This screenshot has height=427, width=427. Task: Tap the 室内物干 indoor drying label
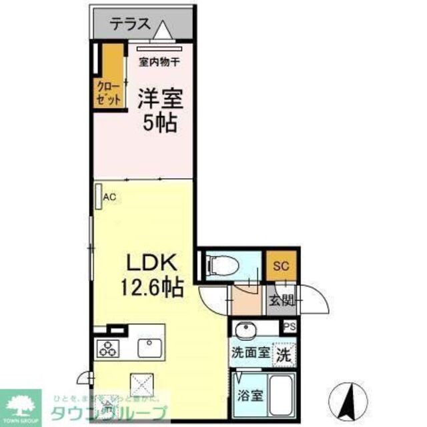(x=159, y=63)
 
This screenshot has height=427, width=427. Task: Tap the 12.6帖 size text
(x=151, y=288)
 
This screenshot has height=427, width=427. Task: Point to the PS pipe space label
(x=289, y=327)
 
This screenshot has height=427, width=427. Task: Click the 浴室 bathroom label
(x=251, y=394)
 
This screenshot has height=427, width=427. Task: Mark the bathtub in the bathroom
(x=283, y=394)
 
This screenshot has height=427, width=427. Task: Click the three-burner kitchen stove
(x=108, y=348)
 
